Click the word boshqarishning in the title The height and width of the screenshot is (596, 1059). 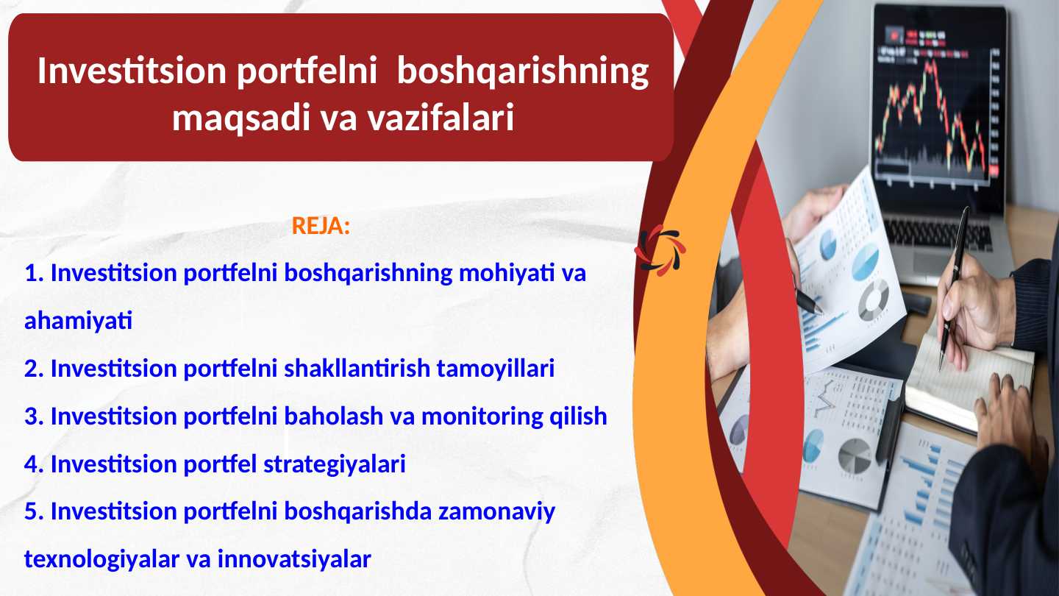click(x=523, y=71)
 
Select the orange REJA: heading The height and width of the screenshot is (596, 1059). click(x=321, y=226)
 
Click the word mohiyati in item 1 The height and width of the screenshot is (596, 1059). click(x=506, y=274)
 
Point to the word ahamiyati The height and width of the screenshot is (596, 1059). click(x=78, y=322)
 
